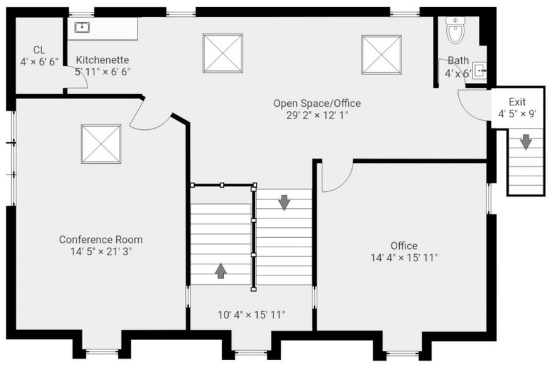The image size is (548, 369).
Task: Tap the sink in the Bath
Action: (x=479, y=70)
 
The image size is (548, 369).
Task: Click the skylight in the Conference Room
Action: (x=101, y=144)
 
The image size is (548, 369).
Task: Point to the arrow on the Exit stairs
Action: (x=525, y=142)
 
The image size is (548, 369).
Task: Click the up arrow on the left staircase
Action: (x=221, y=270)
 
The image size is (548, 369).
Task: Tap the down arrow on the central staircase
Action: (x=284, y=202)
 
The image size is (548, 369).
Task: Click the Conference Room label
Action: (x=101, y=239)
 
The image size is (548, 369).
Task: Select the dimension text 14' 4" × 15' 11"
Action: (x=404, y=257)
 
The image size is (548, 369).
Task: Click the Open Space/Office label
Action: (x=317, y=103)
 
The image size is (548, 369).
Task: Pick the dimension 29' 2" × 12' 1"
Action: (x=317, y=115)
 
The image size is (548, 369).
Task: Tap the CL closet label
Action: (x=39, y=50)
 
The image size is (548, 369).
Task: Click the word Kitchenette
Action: (x=102, y=60)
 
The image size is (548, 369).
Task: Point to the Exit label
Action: (x=517, y=102)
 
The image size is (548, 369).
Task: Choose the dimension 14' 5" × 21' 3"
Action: (x=101, y=251)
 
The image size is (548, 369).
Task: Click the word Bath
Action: (x=458, y=61)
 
